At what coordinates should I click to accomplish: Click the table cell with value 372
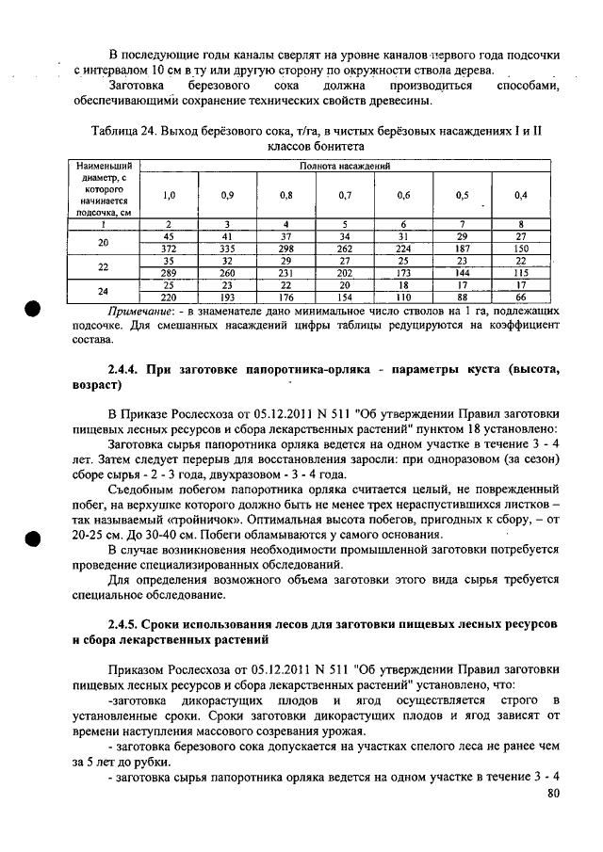[170, 249]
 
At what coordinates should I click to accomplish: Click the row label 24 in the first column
[104, 291]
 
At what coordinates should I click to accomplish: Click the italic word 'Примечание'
[141, 310]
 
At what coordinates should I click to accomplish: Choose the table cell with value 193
[228, 297]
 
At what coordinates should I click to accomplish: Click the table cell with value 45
[170, 236]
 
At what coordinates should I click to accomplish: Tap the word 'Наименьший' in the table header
[103, 165]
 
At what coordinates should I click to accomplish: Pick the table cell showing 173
[403, 273]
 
